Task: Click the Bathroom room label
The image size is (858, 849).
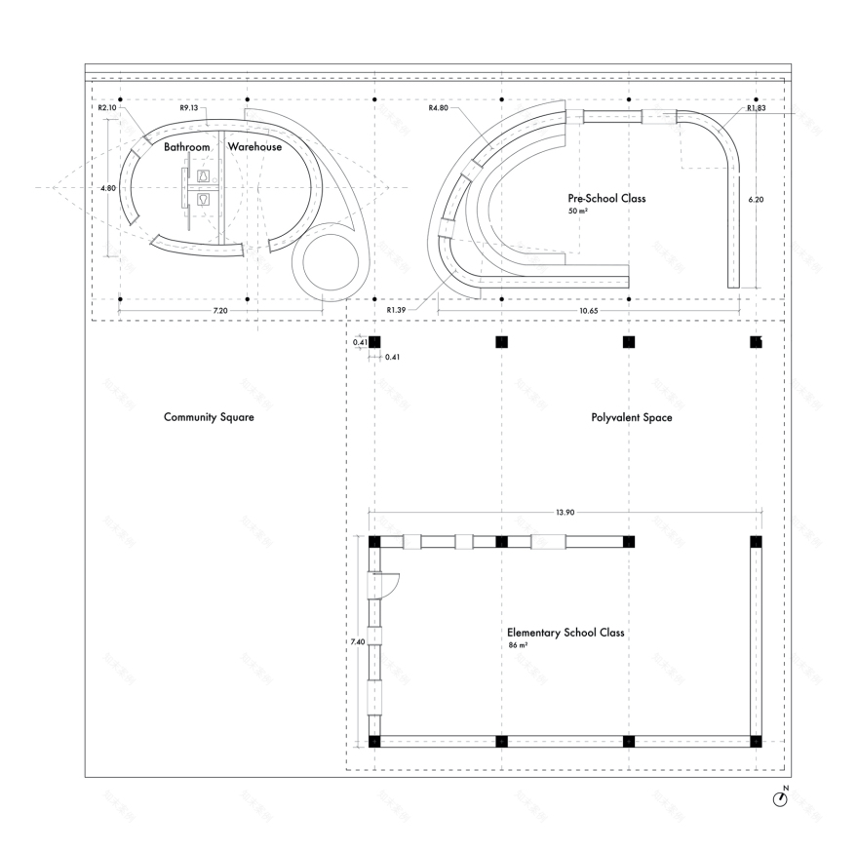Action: click(186, 147)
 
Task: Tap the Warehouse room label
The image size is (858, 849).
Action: click(255, 147)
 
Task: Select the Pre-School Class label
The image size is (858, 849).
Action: click(606, 198)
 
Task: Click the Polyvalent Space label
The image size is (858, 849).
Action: click(631, 417)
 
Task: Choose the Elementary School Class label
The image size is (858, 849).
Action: click(565, 633)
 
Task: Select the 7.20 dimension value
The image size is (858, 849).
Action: click(220, 310)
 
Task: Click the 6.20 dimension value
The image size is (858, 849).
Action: click(756, 199)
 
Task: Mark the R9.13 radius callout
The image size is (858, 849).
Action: click(189, 108)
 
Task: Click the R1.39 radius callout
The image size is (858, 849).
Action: click(396, 310)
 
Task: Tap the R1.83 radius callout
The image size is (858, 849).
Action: click(756, 109)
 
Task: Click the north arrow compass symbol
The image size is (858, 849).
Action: click(780, 797)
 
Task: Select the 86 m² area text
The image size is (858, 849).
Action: click(517, 646)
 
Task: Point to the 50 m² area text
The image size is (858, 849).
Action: click(577, 211)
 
